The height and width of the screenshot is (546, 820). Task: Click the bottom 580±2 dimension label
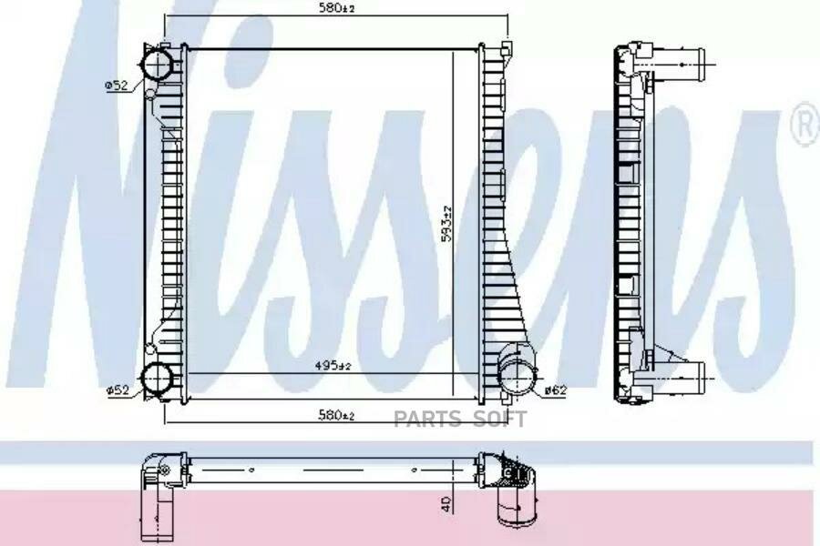coord(337,415)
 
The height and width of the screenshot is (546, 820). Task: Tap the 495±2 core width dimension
coord(333,366)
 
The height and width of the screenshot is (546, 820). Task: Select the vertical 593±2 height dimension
coord(446,223)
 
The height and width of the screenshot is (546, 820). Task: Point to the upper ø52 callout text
coord(117,85)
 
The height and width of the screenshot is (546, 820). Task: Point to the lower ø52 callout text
coord(118,389)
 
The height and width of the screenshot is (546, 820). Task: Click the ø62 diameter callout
coord(556,389)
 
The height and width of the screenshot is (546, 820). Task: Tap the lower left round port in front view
coord(158,379)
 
